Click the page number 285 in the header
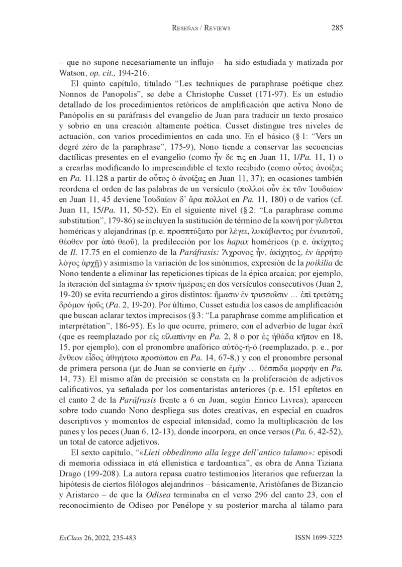pos(337,28)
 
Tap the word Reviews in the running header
pos(215,29)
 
